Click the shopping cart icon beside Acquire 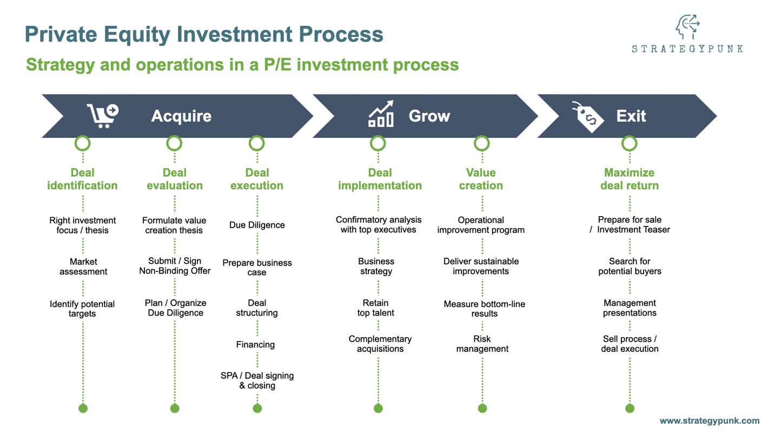coord(102,116)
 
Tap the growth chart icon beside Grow coord(381,115)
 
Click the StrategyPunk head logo coord(687,27)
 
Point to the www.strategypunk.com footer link coord(709,420)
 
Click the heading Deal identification coord(82,179)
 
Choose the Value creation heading coord(481,179)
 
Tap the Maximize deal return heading coord(629,179)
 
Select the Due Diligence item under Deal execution coord(257,225)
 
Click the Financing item coord(255,344)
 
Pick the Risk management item coord(482,344)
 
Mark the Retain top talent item coord(376,308)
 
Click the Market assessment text coord(83,266)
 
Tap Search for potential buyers coord(630,266)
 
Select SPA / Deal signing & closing coord(257,380)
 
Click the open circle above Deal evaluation coord(174,143)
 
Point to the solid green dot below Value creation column coord(482,408)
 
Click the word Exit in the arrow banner coord(631,116)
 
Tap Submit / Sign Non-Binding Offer coord(175,266)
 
